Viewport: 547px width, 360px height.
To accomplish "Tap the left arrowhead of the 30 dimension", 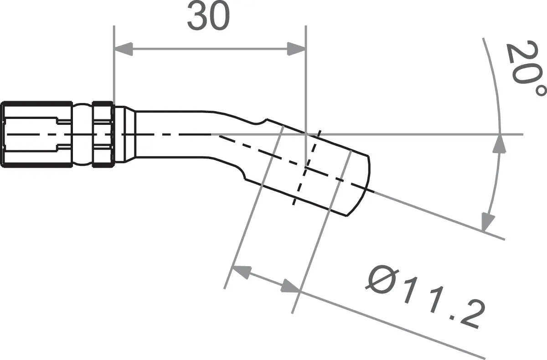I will (x=123, y=49).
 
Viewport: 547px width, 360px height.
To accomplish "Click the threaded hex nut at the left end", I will (x=36, y=134).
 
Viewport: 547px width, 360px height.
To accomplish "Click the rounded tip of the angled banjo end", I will (x=362, y=182).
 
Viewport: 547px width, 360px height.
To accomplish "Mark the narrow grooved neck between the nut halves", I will (x=82, y=134).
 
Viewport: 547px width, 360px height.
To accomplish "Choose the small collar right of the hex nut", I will (x=124, y=134).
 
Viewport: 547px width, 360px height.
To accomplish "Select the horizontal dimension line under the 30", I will (x=210, y=49).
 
